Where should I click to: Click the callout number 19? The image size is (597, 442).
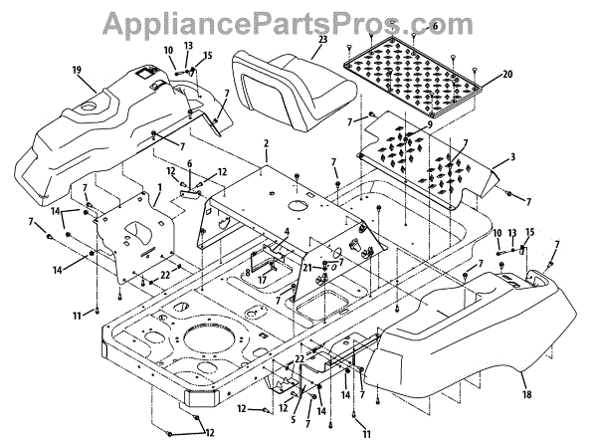[x=76, y=70]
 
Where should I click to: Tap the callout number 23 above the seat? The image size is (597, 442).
[x=322, y=41]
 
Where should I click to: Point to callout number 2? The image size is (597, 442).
[x=266, y=144]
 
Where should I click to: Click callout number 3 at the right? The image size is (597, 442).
[x=511, y=156]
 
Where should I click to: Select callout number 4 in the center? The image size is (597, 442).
[x=285, y=233]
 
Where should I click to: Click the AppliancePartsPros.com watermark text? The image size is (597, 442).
[x=298, y=19]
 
